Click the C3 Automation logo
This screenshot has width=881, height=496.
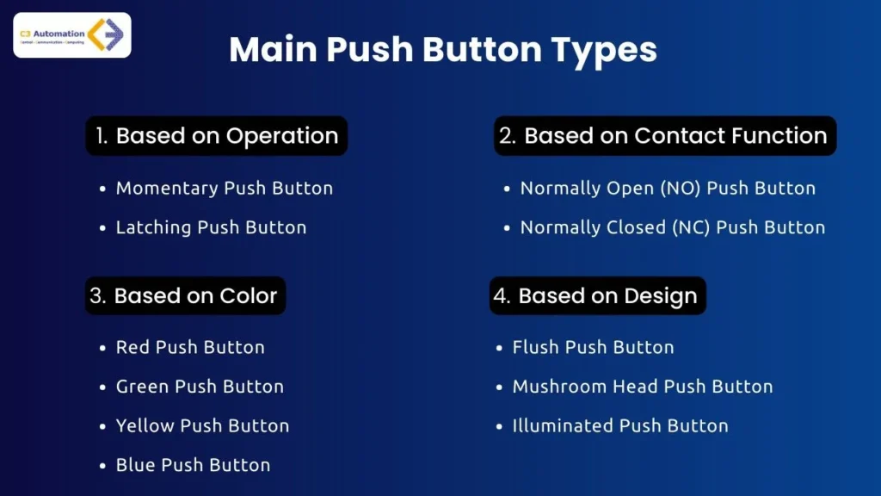72,34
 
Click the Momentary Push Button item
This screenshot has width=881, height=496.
224,188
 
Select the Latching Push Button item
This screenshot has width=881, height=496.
211,227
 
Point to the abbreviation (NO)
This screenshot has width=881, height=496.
680,188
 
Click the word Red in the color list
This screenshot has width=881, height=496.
132,347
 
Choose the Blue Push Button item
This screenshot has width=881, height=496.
193,465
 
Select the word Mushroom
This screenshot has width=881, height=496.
560,387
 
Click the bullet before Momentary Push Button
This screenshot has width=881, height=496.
103,189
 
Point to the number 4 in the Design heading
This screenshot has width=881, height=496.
501,296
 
